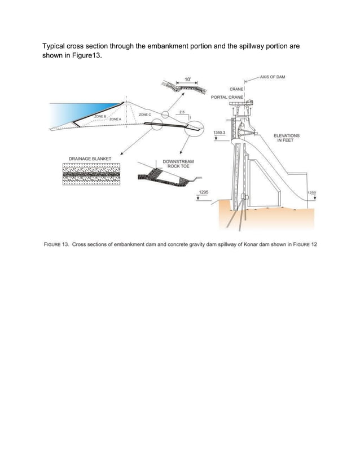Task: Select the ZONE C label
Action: tap(144, 115)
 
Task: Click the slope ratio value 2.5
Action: tap(181, 112)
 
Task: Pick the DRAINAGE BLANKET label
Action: tap(89, 159)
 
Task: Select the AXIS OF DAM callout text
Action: tap(273, 76)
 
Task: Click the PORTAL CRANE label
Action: tap(226, 97)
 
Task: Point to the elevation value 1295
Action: tap(204, 192)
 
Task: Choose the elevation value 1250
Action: tap(311, 192)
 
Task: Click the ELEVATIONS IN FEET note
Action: tap(287, 138)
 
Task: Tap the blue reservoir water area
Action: tap(79, 111)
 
